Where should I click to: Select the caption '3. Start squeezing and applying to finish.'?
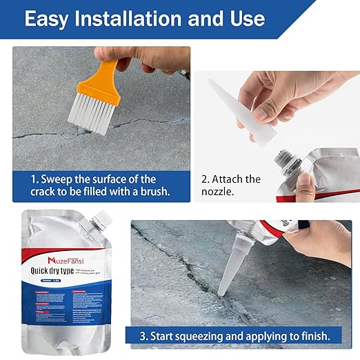pos(240,336)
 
